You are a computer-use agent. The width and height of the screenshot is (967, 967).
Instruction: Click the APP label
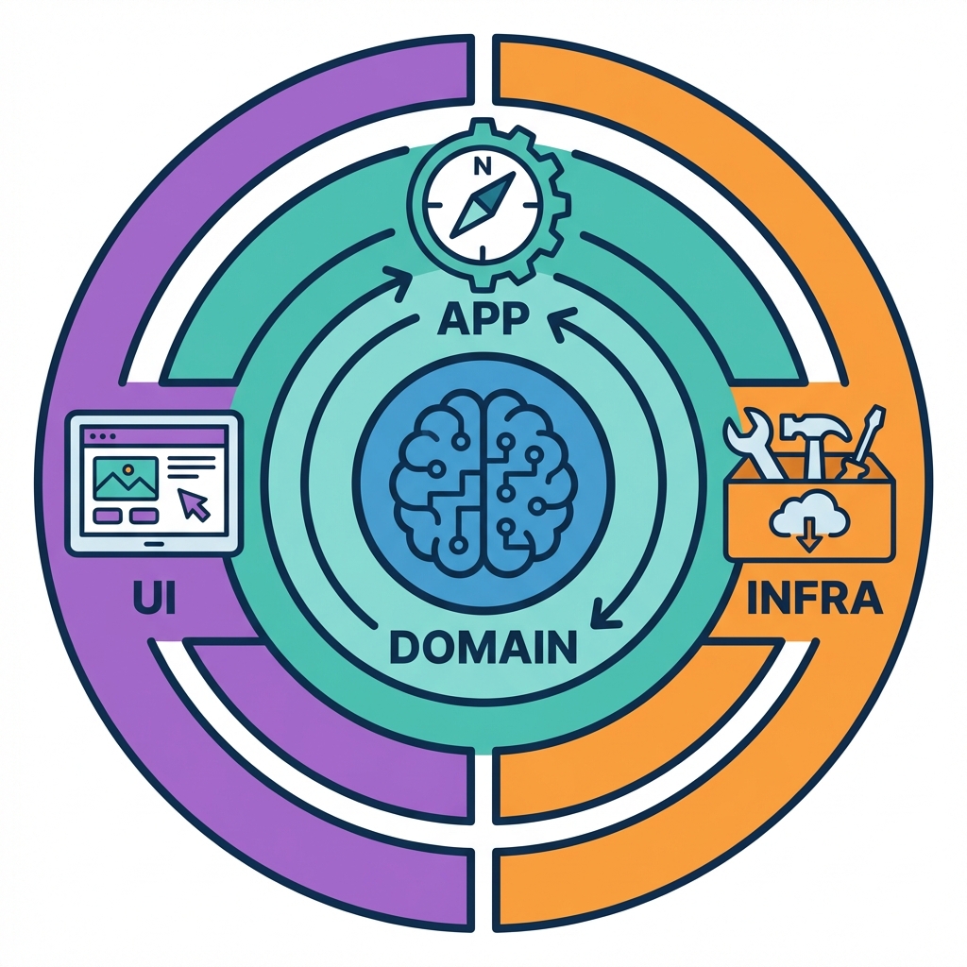pos(483,321)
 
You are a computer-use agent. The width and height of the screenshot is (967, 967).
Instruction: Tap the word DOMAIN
pos(483,648)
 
